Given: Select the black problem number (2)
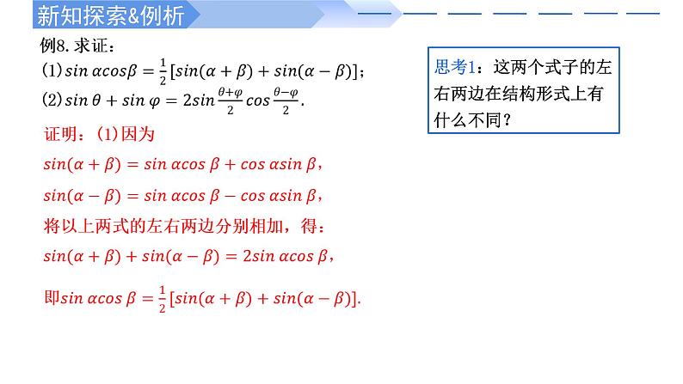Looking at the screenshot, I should click(49, 100).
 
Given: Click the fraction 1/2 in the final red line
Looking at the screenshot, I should click(160, 299).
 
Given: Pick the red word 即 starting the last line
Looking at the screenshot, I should click(50, 299).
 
